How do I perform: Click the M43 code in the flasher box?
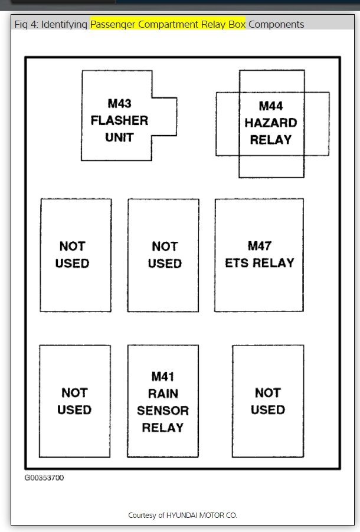119,103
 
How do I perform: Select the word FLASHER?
119,120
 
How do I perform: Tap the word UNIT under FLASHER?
119,137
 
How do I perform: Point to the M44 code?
271,106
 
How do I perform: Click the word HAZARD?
271,123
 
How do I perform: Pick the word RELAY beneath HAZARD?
271,140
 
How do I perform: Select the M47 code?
259,246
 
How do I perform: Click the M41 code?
163,376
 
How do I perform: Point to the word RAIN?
163,393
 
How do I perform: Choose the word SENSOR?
163,411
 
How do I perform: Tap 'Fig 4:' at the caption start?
26,24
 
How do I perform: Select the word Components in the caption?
276,24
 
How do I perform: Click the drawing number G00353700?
44,478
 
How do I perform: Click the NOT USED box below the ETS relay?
267,401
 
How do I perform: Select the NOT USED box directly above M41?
163,255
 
